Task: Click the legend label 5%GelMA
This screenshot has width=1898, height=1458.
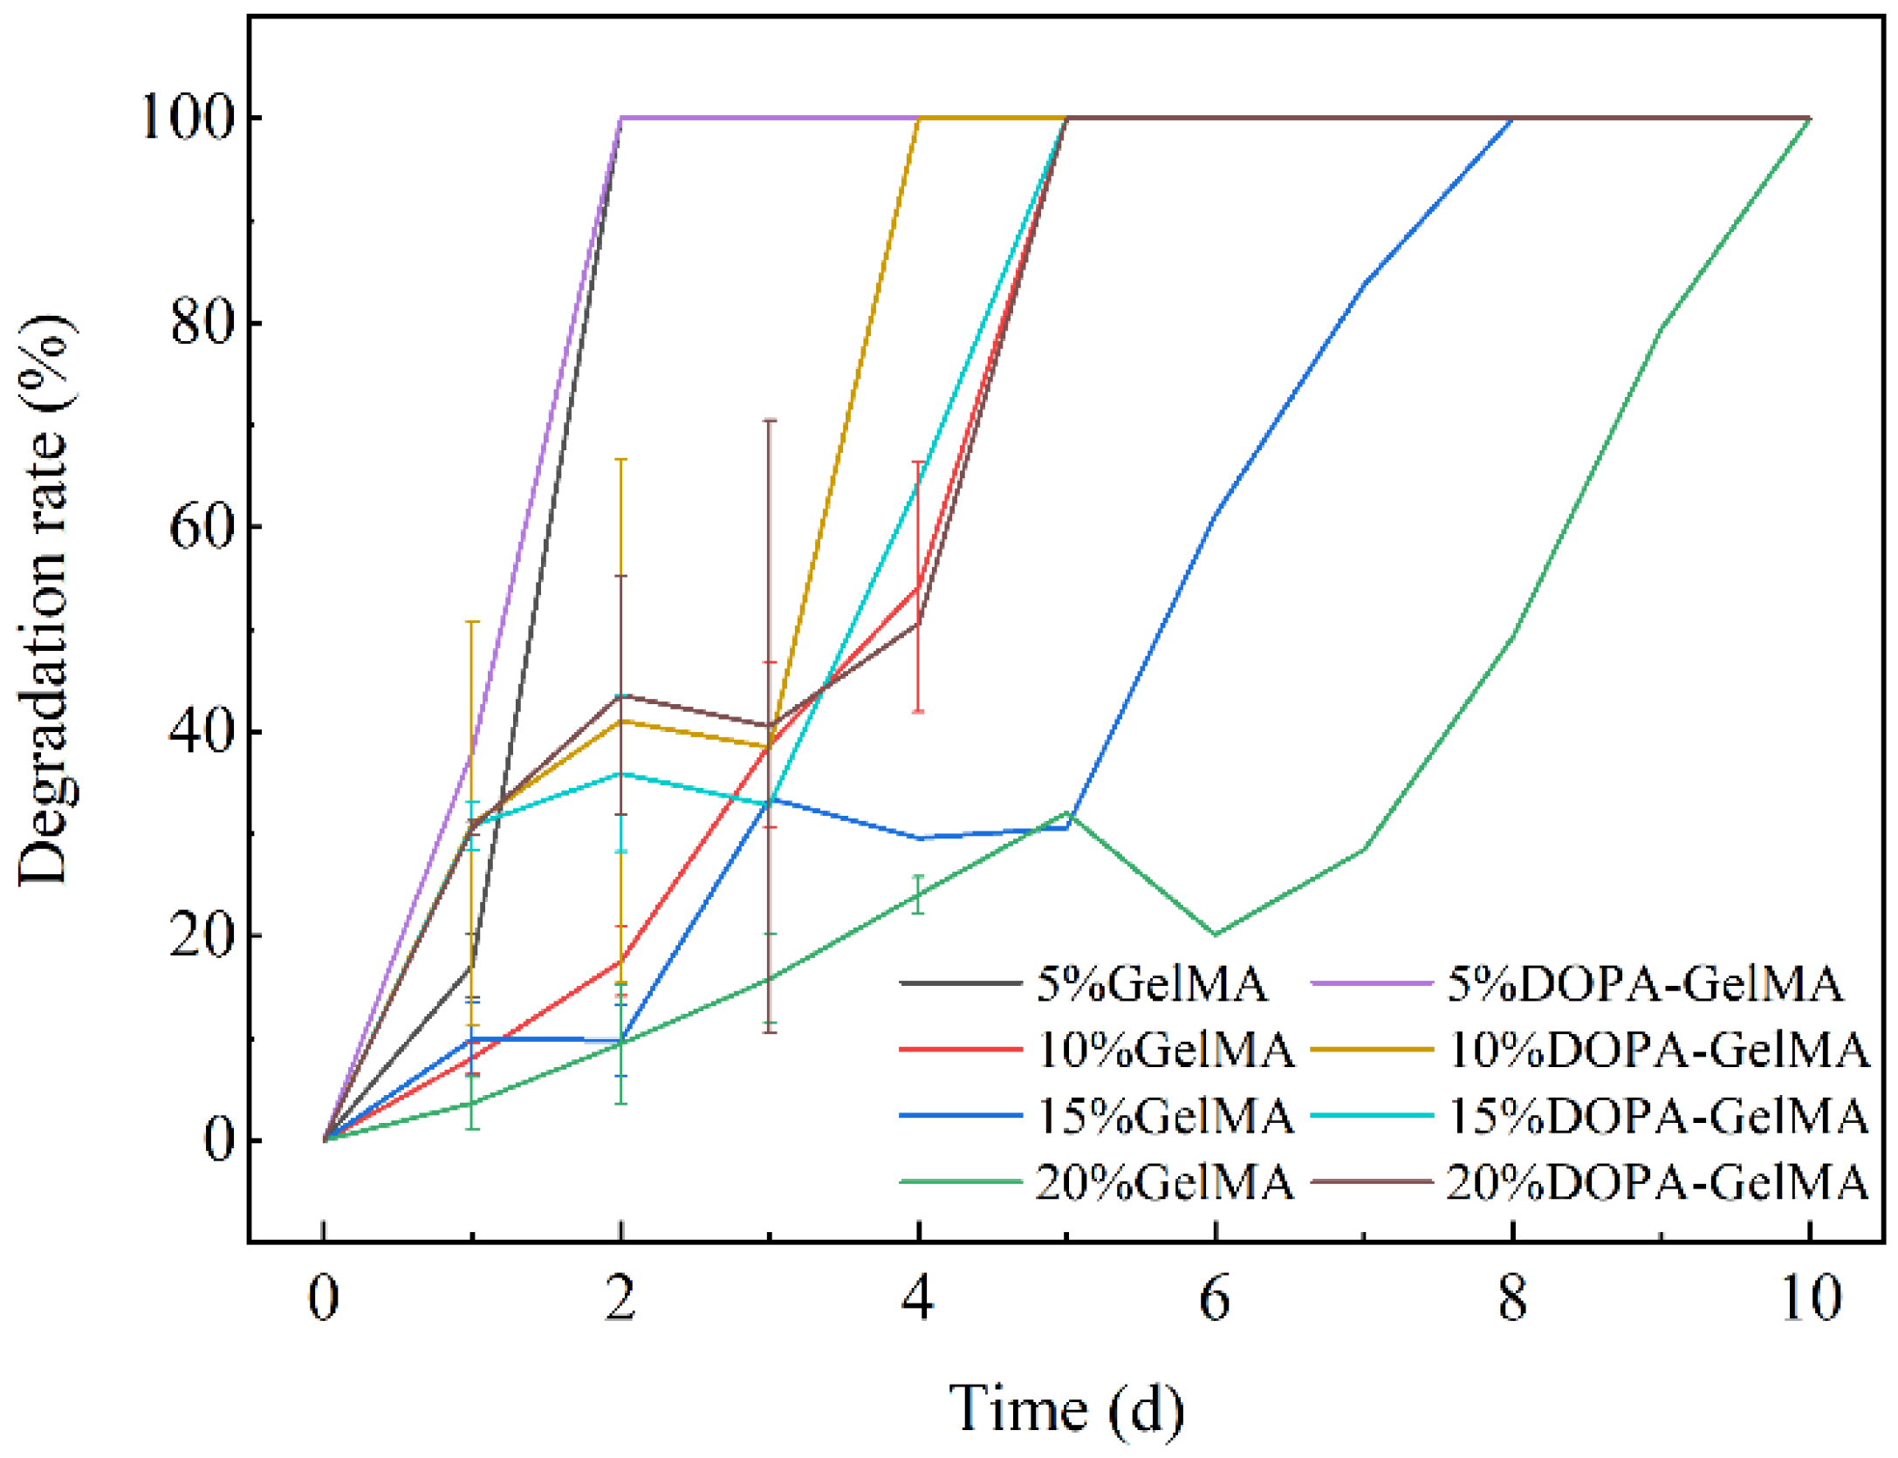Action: tap(1151, 983)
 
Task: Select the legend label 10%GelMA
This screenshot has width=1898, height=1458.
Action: tap(1164, 1049)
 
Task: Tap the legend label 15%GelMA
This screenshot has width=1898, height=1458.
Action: tap(1164, 1115)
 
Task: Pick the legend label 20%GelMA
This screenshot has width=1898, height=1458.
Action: tap(1164, 1182)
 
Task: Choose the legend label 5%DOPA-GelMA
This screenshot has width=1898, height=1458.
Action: tap(1645, 983)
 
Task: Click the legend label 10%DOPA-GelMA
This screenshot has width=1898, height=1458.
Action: tap(1658, 1049)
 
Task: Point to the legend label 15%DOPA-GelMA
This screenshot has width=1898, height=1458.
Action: tap(1658, 1115)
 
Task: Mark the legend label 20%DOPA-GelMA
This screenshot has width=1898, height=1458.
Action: tap(1658, 1182)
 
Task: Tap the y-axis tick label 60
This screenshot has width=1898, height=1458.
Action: tap(202, 527)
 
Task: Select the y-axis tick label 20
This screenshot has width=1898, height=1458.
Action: tap(202, 936)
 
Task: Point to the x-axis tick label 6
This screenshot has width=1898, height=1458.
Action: tap(1215, 1298)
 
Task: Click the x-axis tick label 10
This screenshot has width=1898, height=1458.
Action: tap(1811, 1298)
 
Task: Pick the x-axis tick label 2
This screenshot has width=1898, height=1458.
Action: tap(620, 1298)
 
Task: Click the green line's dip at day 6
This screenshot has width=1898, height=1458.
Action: tap(1215, 934)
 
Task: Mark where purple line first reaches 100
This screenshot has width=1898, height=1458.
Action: tap(620, 117)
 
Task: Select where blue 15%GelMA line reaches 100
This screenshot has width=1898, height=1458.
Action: tap(1512, 117)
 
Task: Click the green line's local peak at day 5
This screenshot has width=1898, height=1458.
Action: tap(1066, 812)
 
